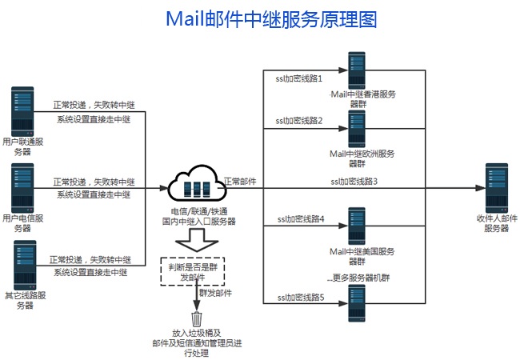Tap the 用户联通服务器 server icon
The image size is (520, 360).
(22, 110)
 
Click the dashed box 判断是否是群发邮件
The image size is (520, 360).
(192, 270)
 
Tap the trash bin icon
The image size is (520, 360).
(196, 318)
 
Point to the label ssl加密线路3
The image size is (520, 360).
(354, 182)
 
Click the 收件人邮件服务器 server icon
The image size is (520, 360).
(496, 187)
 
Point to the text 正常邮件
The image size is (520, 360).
(240, 182)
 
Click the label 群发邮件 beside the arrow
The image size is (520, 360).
(215, 294)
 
